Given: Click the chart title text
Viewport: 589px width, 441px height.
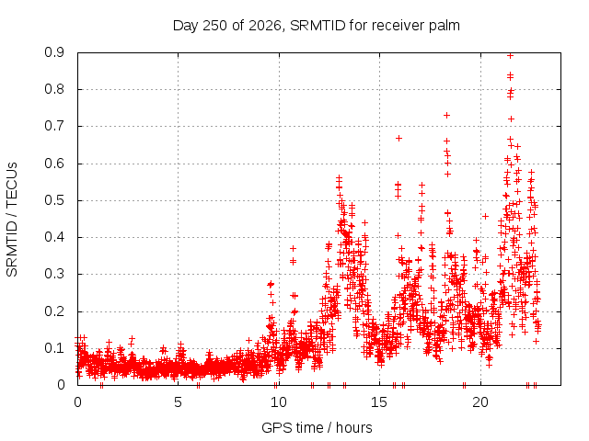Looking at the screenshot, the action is tap(317, 26).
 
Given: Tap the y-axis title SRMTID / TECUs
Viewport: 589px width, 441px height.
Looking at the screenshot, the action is tap(12, 220).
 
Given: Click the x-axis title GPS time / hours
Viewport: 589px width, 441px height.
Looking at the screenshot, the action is tap(317, 427).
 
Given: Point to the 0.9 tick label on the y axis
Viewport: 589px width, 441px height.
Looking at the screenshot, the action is tap(54, 52).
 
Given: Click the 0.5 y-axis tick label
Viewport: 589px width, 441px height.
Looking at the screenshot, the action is tap(54, 200).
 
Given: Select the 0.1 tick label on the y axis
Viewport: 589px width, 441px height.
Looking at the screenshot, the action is tap(54, 348).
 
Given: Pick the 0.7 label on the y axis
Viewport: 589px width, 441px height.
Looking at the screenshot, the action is tap(54, 127).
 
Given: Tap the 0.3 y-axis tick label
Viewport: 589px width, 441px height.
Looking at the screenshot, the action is tap(54, 274).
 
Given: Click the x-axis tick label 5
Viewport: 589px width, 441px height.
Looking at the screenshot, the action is tap(178, 402).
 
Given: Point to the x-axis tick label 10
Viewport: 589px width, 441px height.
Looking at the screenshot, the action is tap(278, 402).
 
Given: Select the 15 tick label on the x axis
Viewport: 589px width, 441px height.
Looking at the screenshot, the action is tap(379, 402).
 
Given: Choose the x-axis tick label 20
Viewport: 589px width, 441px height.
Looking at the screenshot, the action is tap(480, 402).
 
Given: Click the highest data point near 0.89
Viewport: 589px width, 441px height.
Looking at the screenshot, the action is tap(510, 56).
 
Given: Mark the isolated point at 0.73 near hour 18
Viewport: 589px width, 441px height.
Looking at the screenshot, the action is tap(446, 115).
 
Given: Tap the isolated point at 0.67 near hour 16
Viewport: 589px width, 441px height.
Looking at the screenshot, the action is tap(398, 138).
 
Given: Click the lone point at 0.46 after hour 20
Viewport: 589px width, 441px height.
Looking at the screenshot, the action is tap(485, 217).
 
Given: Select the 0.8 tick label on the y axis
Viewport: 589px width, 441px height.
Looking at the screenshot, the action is tap(54, 90).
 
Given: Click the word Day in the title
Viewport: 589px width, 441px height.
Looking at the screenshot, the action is tap(185, 27).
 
